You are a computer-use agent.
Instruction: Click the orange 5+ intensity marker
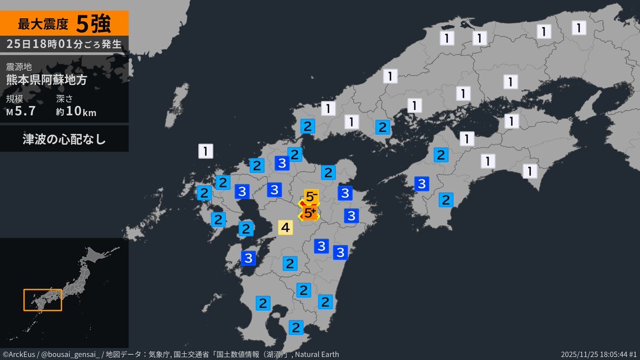tap(309, 213)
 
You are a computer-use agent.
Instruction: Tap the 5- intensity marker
tap(311, 197)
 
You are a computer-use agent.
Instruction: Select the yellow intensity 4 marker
tap(285, 228)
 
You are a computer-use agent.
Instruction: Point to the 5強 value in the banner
tap(93, 24)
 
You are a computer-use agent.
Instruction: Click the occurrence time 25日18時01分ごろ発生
tap(64, 44)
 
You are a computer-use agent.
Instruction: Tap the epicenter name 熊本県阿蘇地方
tap(46, 79)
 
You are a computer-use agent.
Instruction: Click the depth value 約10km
tap(76, 111)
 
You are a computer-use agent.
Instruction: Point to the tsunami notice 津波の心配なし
tap(64, 139)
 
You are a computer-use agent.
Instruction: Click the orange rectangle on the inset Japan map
tap(43, 300)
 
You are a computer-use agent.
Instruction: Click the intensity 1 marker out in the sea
tap(206, 151)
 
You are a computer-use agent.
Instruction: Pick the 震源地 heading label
tap(19, 67)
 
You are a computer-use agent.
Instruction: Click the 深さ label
tap(64, 99)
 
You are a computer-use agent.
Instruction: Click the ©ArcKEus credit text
tap(18, 355)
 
